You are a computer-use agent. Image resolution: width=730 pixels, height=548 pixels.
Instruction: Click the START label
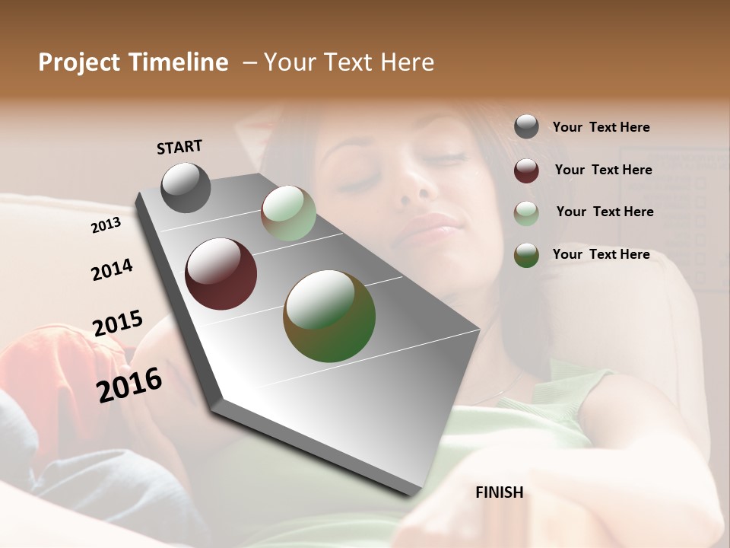[179, 147]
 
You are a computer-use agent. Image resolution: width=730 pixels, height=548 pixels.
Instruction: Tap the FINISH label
[500, 492]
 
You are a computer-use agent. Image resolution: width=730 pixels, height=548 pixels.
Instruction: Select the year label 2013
[106, 225]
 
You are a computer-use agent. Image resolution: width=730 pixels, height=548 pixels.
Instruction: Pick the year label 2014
[112, 270]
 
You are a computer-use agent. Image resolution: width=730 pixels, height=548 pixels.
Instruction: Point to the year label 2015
[118, 323]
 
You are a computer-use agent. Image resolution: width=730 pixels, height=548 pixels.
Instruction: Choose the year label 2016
[129, 385]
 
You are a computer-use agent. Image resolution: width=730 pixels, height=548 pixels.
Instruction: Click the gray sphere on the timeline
[186, 188]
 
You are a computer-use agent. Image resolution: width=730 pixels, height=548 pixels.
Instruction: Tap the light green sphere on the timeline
[288, 214]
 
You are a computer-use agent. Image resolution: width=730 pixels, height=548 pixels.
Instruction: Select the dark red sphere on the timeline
[221, 274]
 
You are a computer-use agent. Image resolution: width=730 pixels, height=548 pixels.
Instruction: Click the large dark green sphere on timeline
[329, 316]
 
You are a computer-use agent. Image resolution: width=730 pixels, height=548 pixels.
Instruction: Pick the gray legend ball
[526, 127]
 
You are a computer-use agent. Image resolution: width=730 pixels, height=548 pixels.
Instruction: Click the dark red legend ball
[526, 170]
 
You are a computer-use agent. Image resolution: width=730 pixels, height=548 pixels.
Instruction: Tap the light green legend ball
[526, 213]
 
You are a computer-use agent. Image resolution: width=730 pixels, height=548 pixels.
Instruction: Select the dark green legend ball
[526, 256]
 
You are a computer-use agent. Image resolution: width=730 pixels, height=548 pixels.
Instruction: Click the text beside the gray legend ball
[601, 127]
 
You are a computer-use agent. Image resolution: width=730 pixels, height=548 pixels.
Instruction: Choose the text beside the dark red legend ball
[603, 170]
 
